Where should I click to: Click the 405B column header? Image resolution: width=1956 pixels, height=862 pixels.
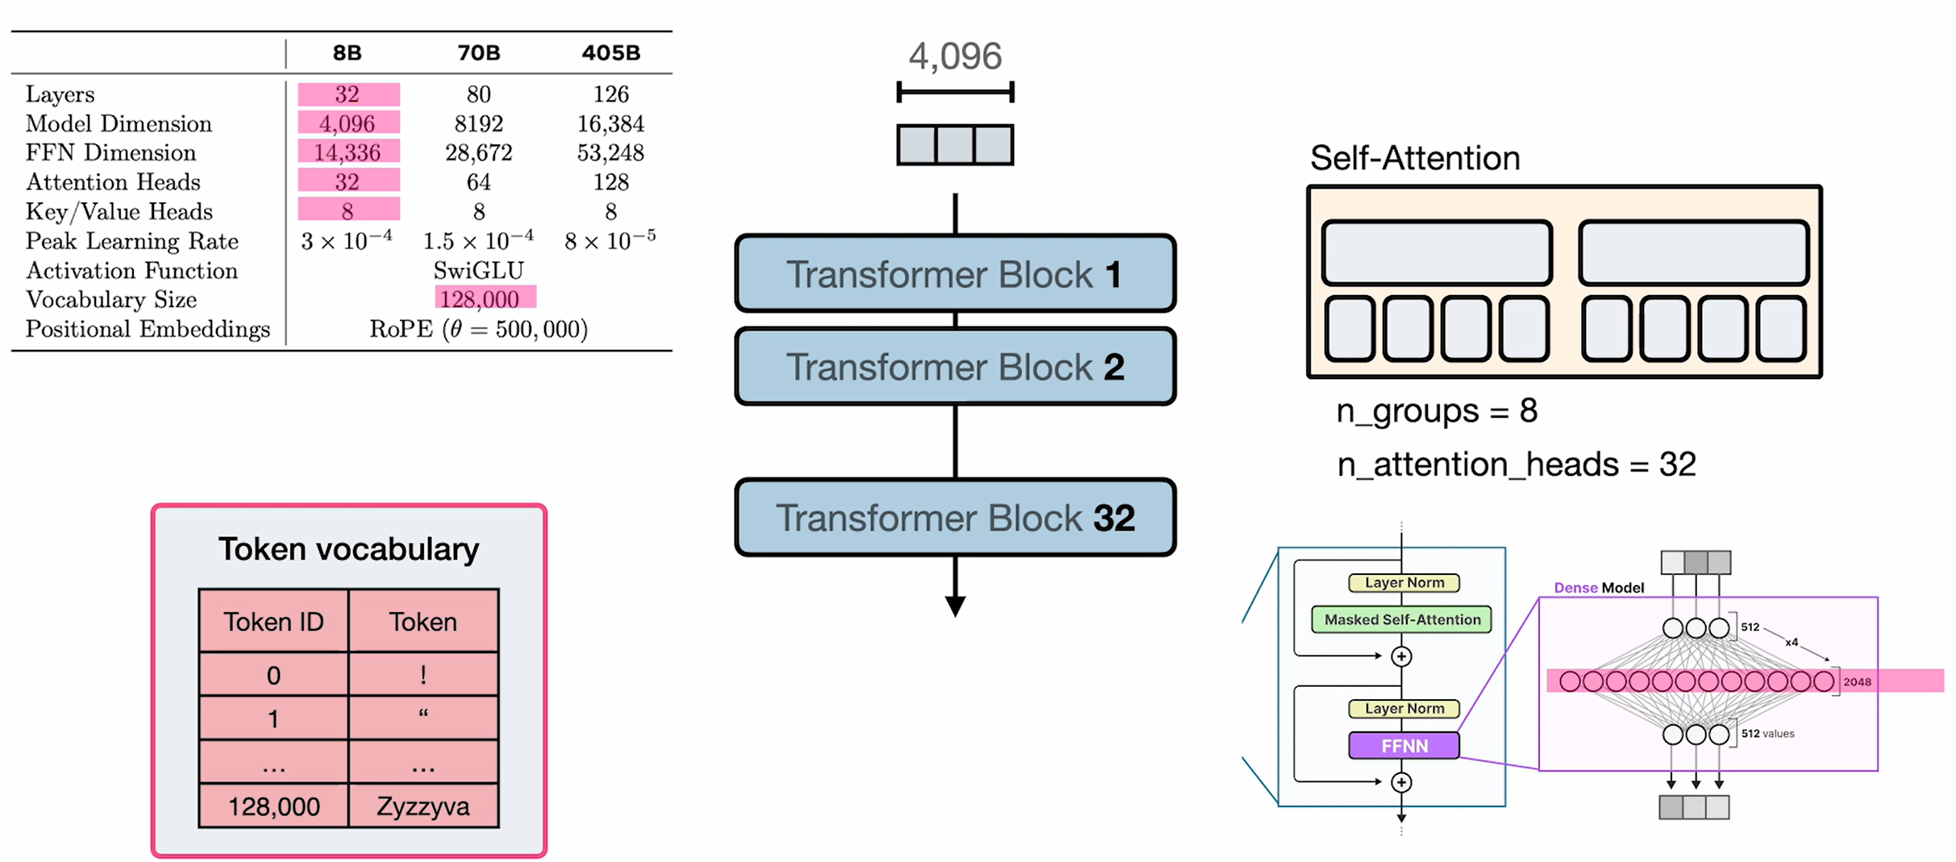(x=610, y=53)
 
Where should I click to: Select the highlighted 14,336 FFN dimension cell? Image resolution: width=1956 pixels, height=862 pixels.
(x=348, y=152)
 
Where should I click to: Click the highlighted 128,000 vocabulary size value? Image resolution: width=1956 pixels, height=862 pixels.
(x=481, y=299)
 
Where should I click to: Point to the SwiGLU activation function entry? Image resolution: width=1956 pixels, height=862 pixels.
(x=478, y=270)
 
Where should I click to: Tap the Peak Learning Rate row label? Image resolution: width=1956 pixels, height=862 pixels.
(x=131, y=241)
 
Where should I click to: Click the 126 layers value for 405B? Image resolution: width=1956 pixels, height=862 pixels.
(x=610, y=94)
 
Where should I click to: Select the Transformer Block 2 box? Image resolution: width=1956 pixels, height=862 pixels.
(x=955, y=367)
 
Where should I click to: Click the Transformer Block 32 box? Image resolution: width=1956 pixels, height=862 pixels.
(x=955, y=518)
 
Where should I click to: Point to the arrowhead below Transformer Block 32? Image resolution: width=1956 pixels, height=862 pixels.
(x=955, y=606)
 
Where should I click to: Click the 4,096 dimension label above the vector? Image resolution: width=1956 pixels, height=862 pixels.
(x=955, y=56)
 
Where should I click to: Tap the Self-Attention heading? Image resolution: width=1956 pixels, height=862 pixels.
(x=1414, y=158)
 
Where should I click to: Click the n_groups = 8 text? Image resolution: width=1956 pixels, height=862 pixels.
(x=1436, y=411)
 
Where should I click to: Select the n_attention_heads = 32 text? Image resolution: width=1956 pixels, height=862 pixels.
(x=1516, y=464)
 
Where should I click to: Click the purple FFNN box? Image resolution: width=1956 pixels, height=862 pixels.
(x=1404, y=746)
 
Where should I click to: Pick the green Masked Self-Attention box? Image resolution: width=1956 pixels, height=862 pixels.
(x=1401, y=619)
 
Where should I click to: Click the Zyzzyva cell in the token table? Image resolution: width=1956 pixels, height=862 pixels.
(x=422, y=806)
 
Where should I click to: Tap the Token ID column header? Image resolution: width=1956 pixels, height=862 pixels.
(x=273, y=622)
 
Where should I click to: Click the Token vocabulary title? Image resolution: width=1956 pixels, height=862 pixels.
(x=348, y=549)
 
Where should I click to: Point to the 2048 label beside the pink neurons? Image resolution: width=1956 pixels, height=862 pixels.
(x=1857, y=682)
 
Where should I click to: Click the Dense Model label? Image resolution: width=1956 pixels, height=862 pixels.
(x=1598, y=588)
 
